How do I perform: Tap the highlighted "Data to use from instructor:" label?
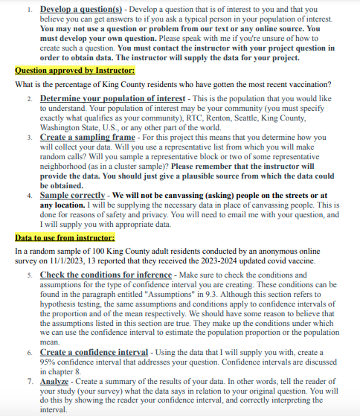[x=65, y=237]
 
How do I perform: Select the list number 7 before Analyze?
[x=30, y=380]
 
